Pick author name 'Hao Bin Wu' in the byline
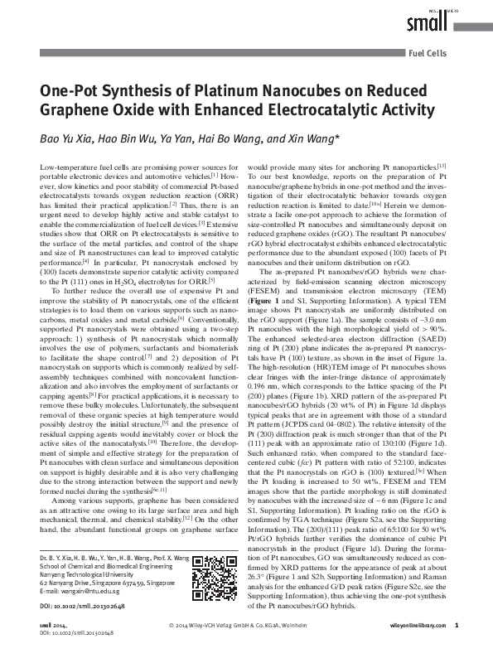pos(127,138)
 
